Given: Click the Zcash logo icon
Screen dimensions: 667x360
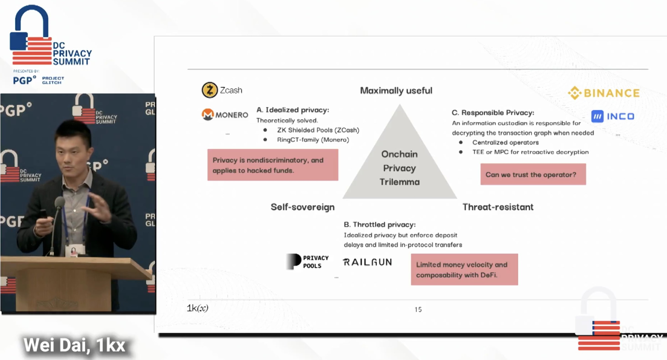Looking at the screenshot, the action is tap(210, 90).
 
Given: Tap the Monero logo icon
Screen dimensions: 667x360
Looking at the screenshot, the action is tap(208, 114).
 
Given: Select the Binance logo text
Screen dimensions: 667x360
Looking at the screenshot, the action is tap(611, 93).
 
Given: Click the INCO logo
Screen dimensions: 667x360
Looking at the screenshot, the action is tap(613, 116).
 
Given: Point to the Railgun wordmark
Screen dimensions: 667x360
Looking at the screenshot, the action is tap(367, 262).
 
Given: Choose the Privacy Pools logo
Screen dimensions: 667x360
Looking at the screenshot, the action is tap(308, 262).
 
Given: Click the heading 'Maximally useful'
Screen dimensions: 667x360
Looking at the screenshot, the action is tap(396, 91).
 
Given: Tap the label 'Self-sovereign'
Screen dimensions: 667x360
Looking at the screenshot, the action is tap(303, 207).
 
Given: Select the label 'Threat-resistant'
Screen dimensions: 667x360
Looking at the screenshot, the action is tap(498, 207).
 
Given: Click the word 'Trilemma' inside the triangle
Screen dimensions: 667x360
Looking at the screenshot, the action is tap(399, 182).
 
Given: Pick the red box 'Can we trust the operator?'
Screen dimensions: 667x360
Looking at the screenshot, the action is tap(533, 174).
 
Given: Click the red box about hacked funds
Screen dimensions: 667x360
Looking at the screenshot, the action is tap(273, 165).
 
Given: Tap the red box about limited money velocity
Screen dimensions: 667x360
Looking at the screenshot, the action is tap(464, 269).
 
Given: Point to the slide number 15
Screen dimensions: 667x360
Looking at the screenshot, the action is tap(418, 310).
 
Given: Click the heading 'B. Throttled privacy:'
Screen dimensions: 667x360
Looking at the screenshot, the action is tap(379, 224).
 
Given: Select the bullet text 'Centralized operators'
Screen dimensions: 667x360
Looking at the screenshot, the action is tap(505, 142).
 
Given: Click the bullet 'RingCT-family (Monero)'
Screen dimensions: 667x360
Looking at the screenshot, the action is tap(313, 140).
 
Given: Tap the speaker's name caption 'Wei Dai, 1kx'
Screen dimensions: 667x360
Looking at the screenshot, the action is tap(74, 345).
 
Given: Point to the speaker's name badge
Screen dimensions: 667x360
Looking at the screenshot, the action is tap(75, 250).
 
